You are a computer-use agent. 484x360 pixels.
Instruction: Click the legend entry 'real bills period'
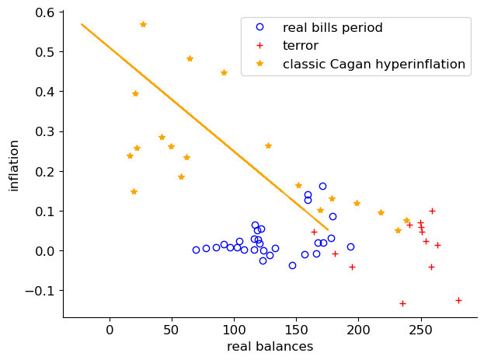point(333,27)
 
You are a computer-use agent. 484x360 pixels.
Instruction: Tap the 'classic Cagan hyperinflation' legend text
point(374,64)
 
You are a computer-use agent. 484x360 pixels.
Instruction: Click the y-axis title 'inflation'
point(13,165)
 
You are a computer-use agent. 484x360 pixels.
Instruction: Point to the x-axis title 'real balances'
point(270,347)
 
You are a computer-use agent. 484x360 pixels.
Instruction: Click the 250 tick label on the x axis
point(421,327)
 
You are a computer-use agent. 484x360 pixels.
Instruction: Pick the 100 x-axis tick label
point(234,327)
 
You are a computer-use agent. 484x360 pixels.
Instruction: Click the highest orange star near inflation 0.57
point(143,24)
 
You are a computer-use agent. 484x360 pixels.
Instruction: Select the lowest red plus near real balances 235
point(402,303)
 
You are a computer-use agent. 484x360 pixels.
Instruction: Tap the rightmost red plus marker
point(458,300)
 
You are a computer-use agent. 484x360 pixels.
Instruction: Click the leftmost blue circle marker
point(196,250)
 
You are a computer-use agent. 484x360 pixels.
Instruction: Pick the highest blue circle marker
point(322,186)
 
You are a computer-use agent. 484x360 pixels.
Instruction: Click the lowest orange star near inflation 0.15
point(134,191)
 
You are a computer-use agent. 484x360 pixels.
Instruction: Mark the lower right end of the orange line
point(328,229)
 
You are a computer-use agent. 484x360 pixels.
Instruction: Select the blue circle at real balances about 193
point(350,246)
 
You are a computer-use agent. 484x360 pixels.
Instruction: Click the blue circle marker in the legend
point(260,27)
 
